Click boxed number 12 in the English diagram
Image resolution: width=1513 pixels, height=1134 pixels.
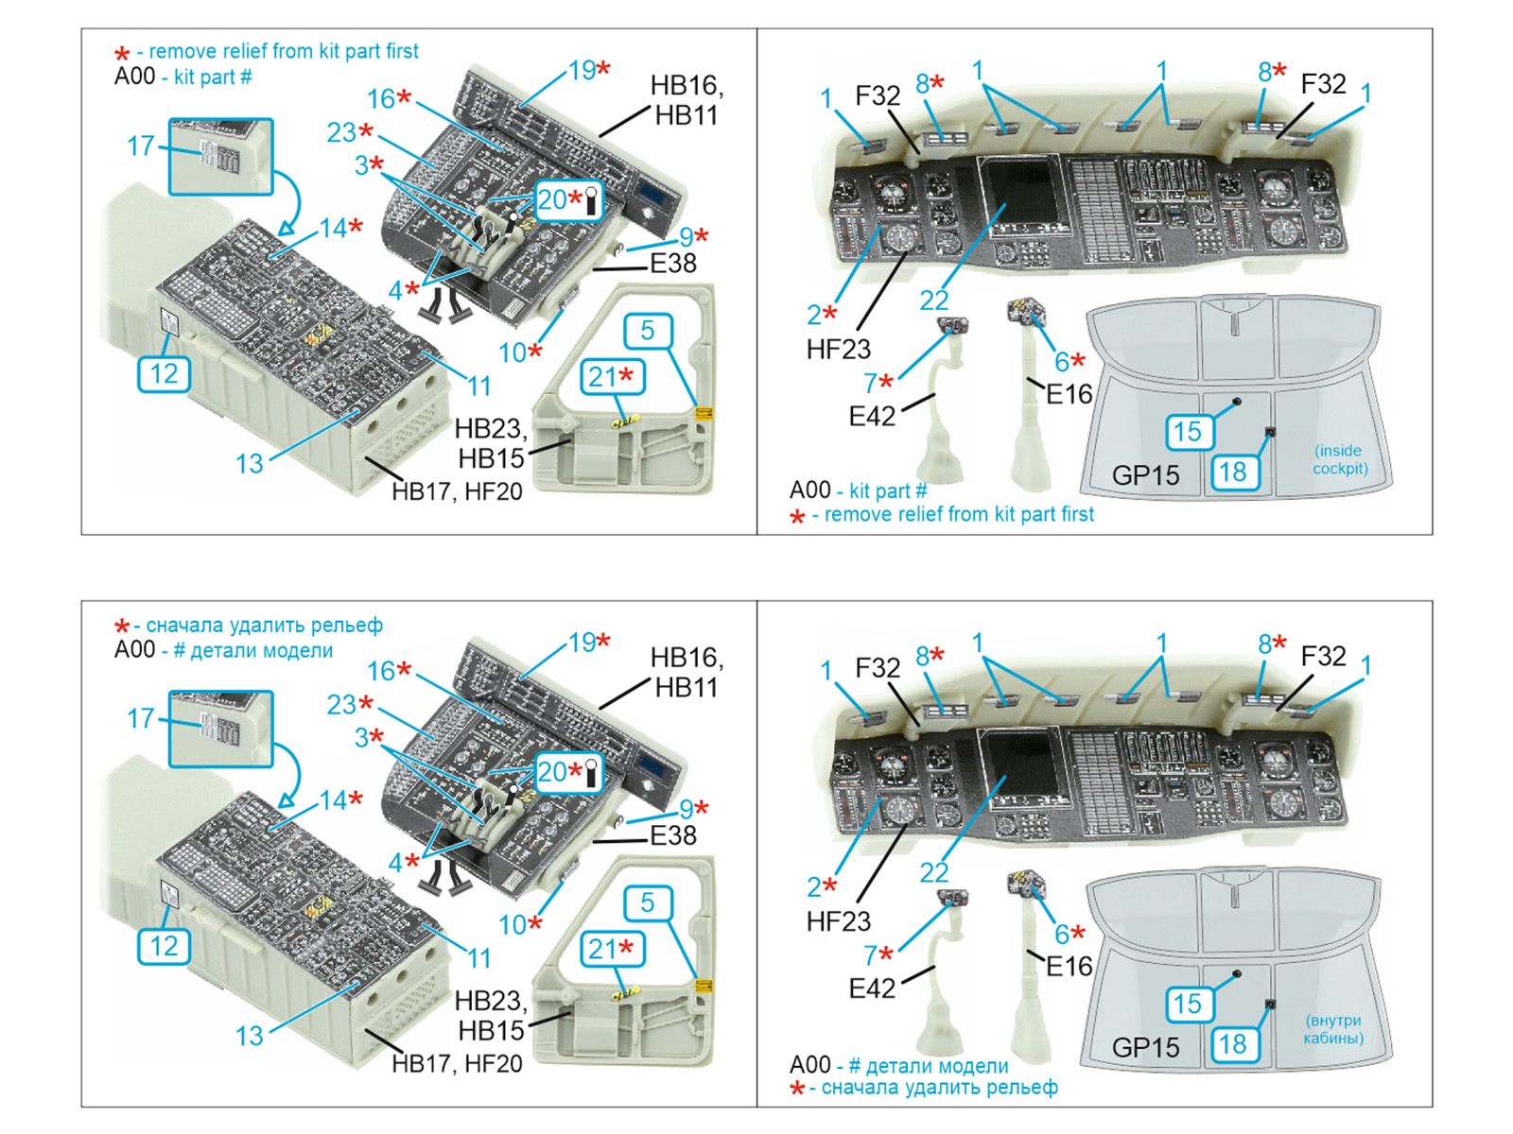point(164,374)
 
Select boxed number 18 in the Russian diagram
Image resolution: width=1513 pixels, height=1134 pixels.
point(1232,1044)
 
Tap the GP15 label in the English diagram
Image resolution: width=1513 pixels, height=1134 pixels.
point(1145,475)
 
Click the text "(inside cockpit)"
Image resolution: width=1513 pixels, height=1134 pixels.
point(1340,459)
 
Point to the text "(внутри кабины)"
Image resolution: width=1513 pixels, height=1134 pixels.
point(1333,1029)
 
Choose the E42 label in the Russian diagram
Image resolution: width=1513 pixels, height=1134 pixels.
point(871,988)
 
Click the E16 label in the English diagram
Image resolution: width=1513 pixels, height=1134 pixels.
point(1069,394)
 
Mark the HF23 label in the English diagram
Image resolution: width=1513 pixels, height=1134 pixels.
point(838,350)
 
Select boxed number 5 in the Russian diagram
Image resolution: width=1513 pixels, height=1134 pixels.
point(648,902)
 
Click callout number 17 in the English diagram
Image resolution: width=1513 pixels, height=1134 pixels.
point(141,146)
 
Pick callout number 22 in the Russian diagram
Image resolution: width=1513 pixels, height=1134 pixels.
point(933,872)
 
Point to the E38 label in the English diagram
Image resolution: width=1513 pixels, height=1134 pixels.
point(672,264)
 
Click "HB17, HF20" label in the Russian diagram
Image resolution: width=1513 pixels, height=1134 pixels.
point(457,1064)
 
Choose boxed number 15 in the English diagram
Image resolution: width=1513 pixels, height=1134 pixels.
point(1187,432)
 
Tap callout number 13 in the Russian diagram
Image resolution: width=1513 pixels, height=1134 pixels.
point(250,1036)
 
